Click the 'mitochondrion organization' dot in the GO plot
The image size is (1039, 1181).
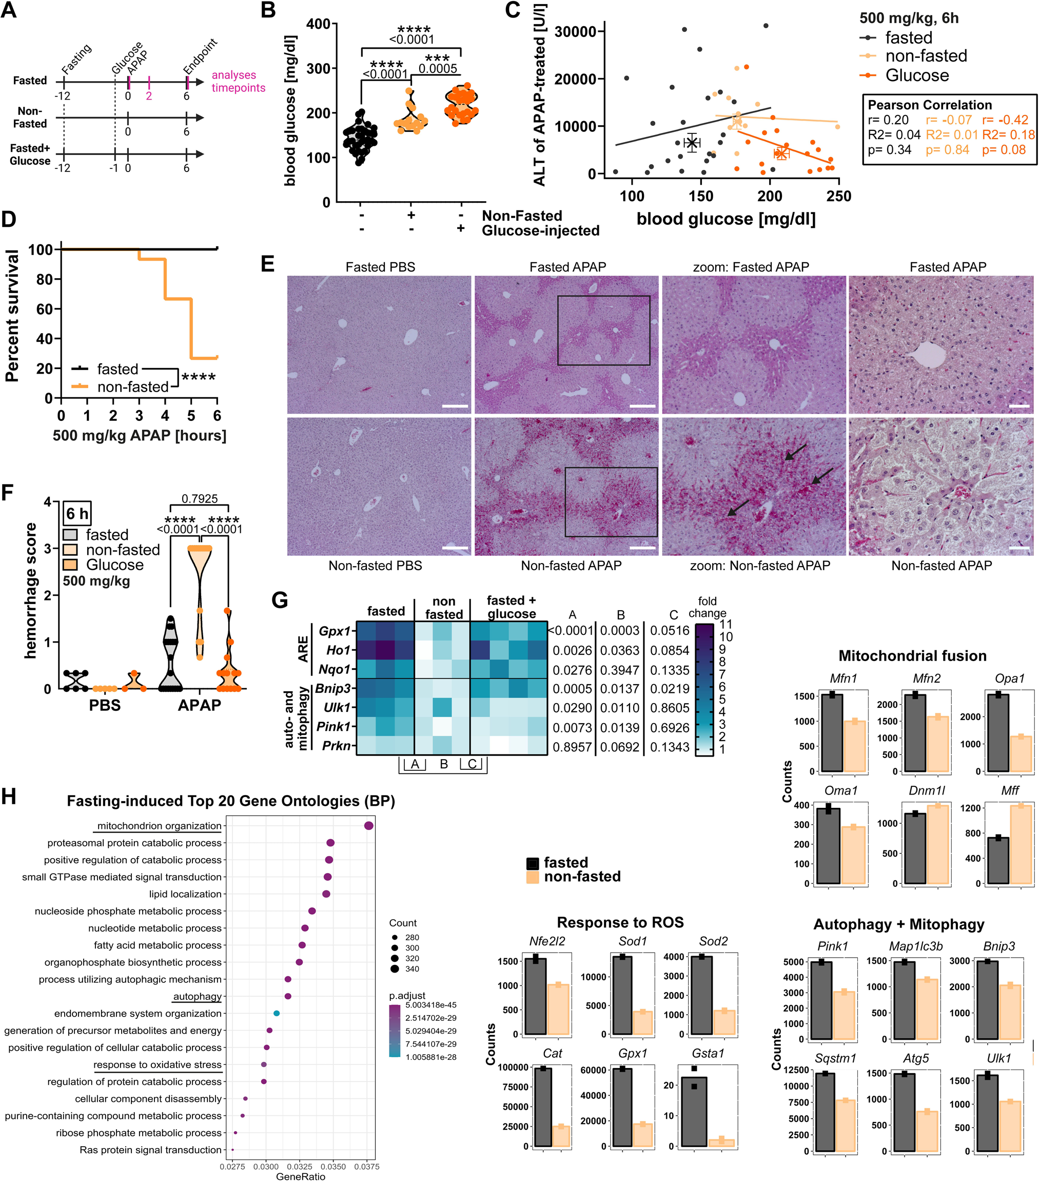click(368, 826)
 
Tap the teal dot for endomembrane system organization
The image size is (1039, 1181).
click(277, 1014)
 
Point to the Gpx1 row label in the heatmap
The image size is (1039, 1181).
click(335, 631)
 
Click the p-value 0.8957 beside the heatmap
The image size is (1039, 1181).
click(572, 747)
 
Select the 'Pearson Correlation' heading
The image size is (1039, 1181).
click(930, 105)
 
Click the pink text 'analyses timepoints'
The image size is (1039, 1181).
click(238, 82)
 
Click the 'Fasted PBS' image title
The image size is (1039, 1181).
click(380, 267)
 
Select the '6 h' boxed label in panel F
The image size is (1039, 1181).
click(77, 514)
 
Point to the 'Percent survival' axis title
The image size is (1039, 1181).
click(12, 316)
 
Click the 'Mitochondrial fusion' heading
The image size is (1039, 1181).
click(912, 656)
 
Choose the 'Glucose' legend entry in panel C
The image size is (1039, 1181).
click(916, 75)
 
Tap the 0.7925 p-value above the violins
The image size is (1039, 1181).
click(199, 499)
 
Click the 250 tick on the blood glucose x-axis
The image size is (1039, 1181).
click(838, 197)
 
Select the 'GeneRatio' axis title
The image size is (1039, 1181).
click(300, 1176)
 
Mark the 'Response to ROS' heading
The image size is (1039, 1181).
click(620, 923)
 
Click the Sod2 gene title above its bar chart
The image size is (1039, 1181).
click(713, 941)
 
